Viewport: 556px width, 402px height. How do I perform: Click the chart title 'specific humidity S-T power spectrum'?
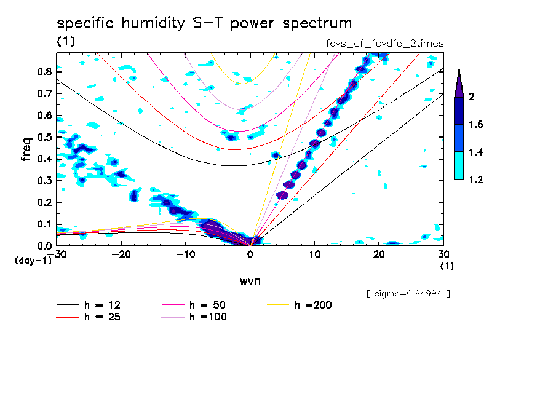point(204,24)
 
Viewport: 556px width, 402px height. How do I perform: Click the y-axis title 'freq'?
point(26,149)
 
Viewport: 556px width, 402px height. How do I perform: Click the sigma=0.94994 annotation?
point(408,294)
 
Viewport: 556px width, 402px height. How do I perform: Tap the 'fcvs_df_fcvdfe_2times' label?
point(384,44)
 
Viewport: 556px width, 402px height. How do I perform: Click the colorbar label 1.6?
point(476,125)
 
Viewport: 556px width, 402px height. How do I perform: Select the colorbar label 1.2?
point(476,180)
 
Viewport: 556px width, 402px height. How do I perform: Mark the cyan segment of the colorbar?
point(458,166)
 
